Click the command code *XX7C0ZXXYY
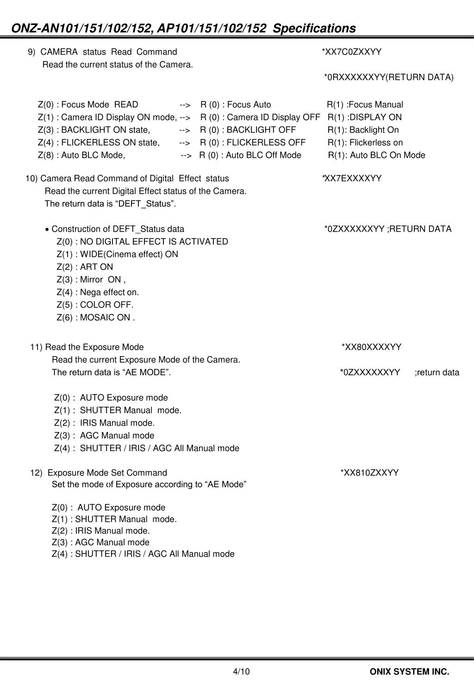pos(351,52)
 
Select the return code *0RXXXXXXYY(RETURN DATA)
pos(388,77)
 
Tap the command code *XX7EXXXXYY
pos(352,179)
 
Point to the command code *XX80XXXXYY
pos(371,347)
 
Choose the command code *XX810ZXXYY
pos(369,473)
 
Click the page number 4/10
pos(241,672)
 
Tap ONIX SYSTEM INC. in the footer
pos(409,672)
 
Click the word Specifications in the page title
pos(314,29)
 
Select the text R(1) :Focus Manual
pos(365,105)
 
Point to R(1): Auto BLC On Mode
pos(376,155)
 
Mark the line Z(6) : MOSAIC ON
pos(96,318)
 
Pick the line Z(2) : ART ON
pos(85,267)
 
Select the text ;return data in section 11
pos(437,373)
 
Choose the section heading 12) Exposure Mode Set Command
pos(99,473)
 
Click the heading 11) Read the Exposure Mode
pos(87,347)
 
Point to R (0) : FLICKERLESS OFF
pos(253,143)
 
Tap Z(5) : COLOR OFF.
pos(95,305)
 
